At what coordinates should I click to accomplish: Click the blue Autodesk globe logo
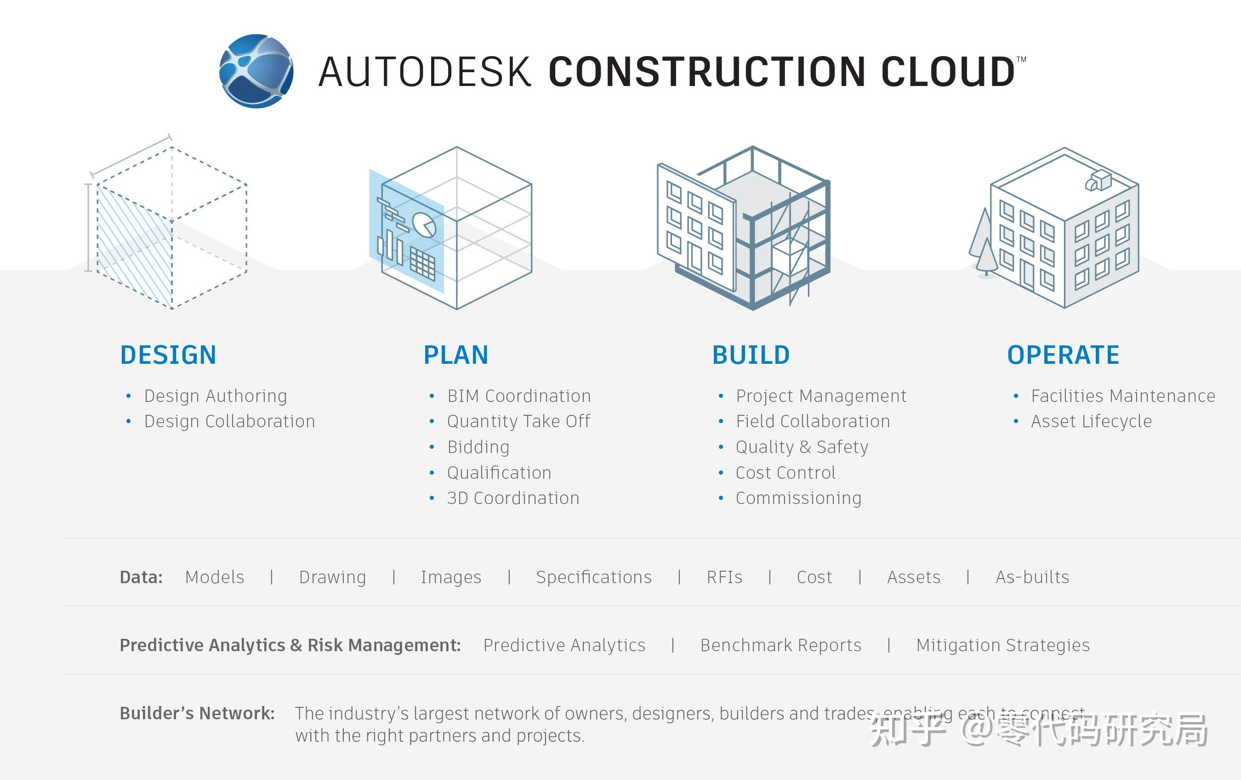256,71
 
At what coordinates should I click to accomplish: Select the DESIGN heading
168,355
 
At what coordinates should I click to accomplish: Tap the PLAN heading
455,355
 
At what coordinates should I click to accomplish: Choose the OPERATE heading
1063,355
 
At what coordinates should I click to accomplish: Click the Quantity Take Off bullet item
518,422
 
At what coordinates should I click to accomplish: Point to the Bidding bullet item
478,447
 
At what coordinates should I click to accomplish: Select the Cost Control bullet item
786,473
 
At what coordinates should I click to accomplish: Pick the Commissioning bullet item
798,498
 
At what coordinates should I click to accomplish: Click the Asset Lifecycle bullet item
1091,422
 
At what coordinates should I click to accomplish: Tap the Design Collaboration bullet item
229,422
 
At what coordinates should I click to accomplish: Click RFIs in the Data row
724,577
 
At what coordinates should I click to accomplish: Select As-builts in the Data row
1032,577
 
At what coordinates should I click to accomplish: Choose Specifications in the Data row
594,577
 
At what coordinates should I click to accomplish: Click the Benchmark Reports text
781,645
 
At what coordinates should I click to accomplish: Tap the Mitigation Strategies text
1003,645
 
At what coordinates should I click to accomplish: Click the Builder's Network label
197,713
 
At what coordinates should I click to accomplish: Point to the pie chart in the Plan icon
425,225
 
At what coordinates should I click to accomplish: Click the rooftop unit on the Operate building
1098,180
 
